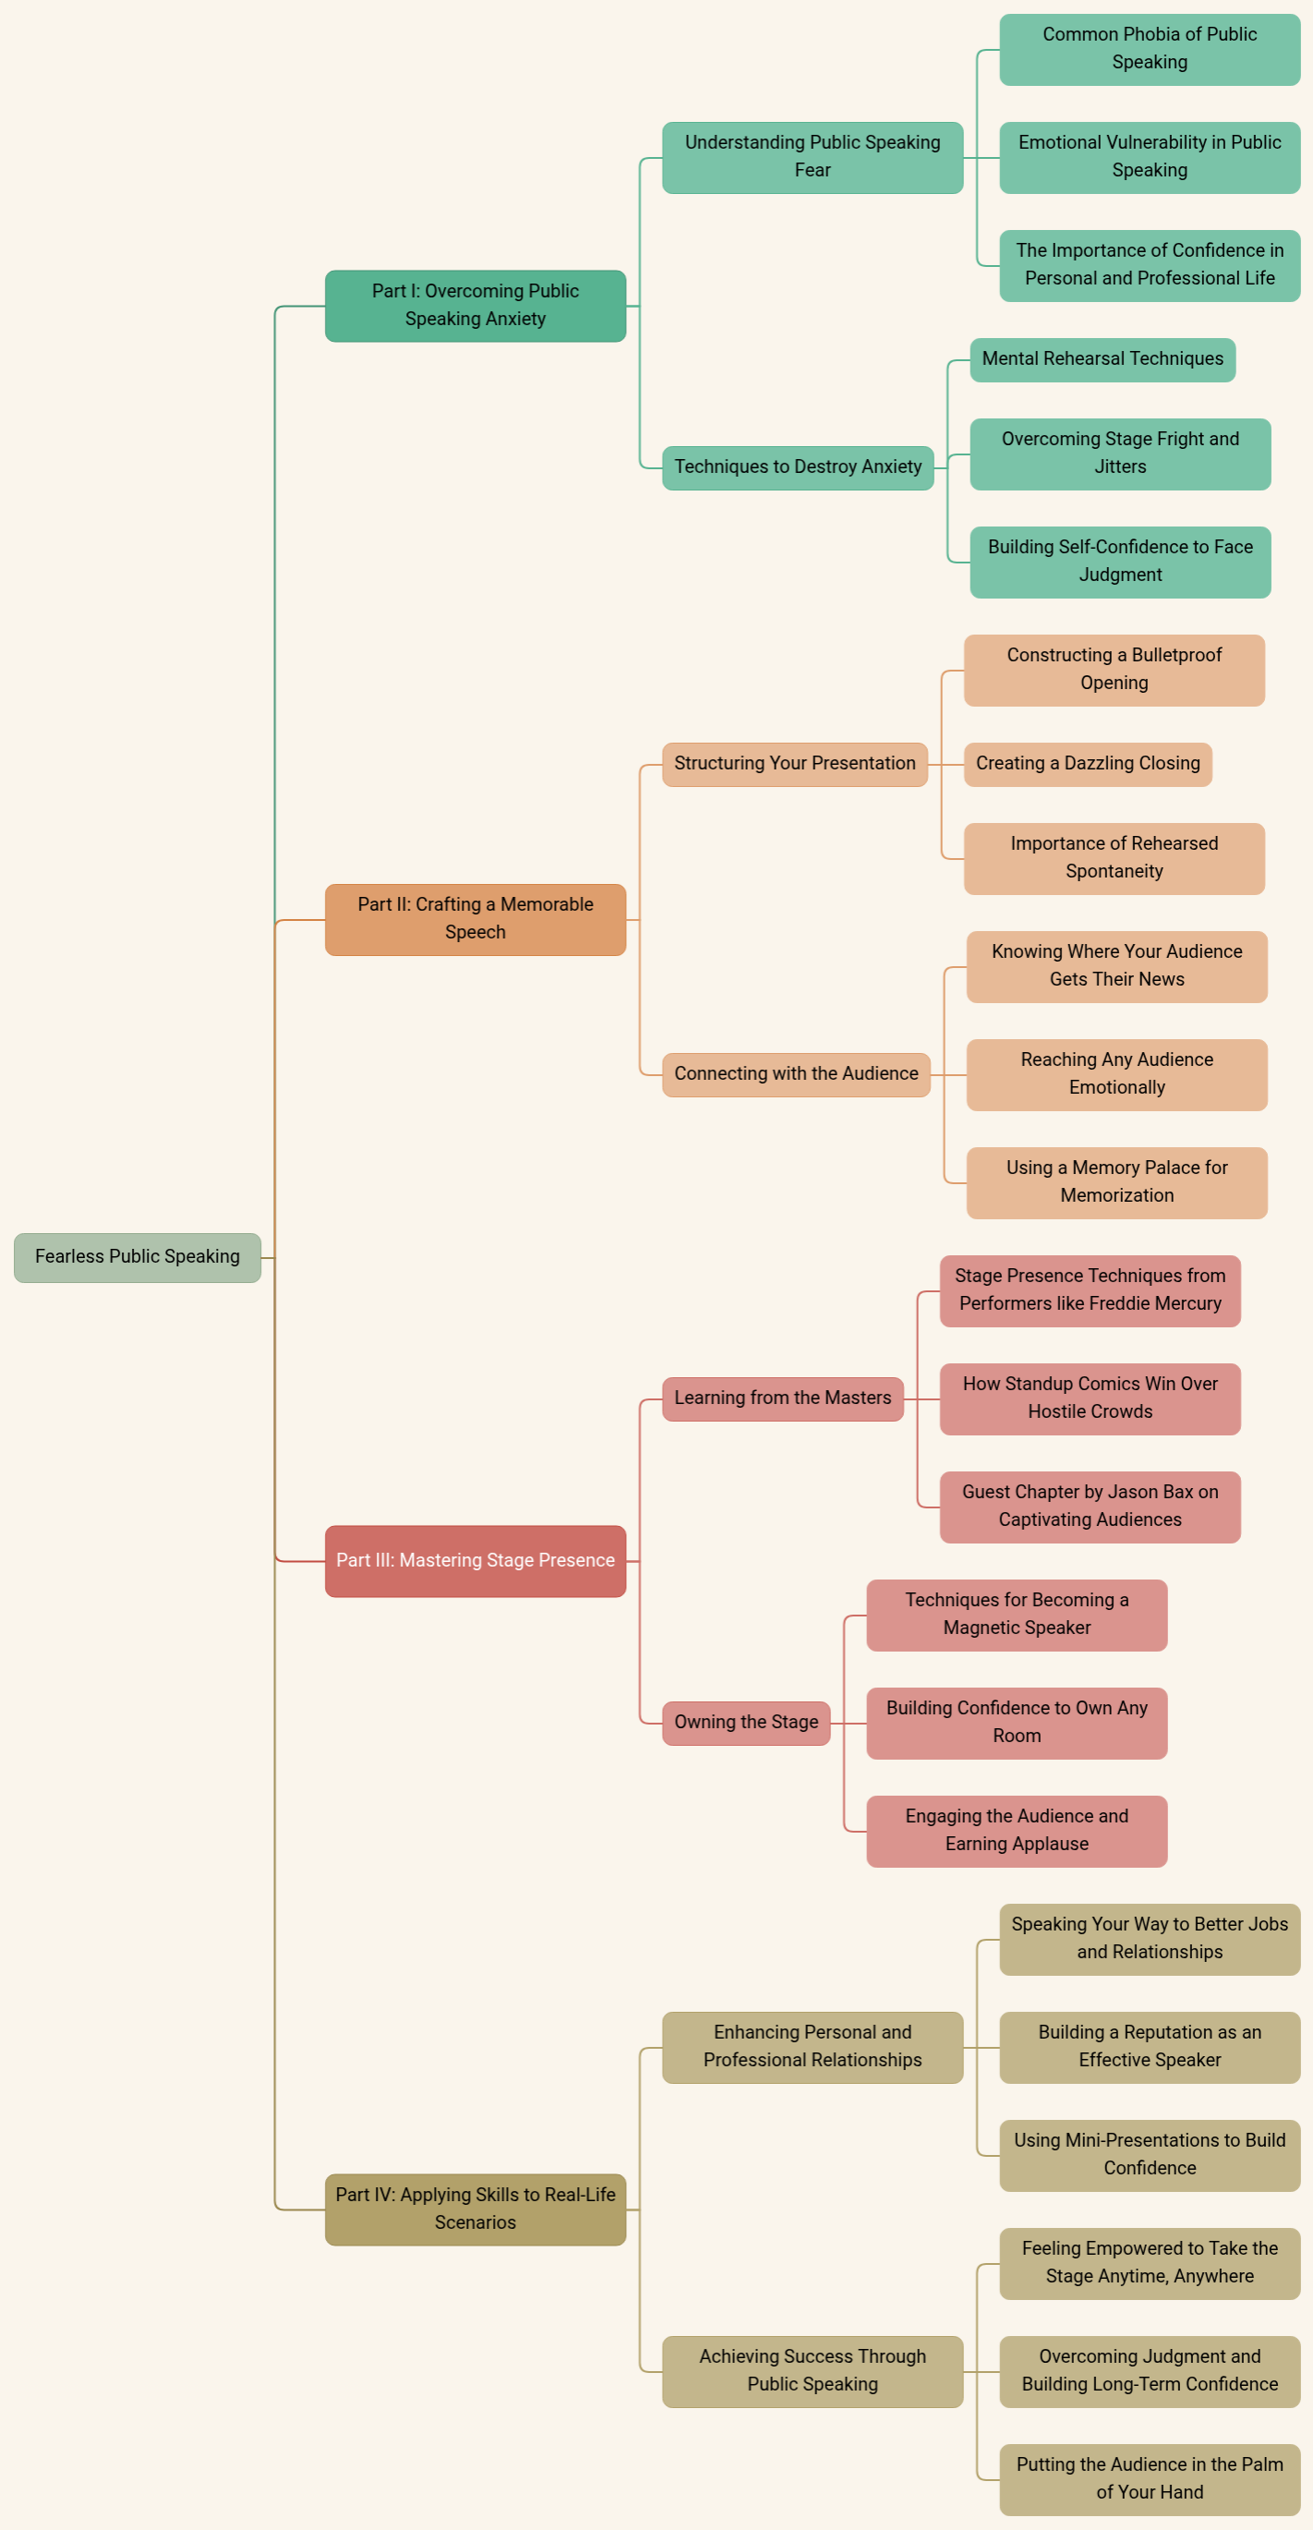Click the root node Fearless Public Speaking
pos(138,1257)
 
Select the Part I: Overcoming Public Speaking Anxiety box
pos(476,306)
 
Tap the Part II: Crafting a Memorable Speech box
pos(476,919)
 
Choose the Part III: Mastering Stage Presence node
pos(476,1561)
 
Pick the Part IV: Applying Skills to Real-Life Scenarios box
pos(476,2209)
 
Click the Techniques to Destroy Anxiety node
pos(798,467)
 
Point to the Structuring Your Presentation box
pos(794,764)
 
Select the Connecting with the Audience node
pos(795,1074)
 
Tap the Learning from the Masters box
pos(783,1398)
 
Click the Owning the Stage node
pos(746,1723)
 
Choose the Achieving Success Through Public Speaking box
pos(813,2371)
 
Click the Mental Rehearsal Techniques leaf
pos(1102,359)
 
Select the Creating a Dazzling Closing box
pos(1087,764)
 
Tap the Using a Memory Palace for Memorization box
pos(1116,1182)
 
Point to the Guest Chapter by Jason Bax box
pos(1090,1507)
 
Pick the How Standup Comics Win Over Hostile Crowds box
pos(1090,1398)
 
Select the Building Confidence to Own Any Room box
pos(1017,1723)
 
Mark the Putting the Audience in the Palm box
pos(1149,2479)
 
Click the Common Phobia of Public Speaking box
pos(1149,49)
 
